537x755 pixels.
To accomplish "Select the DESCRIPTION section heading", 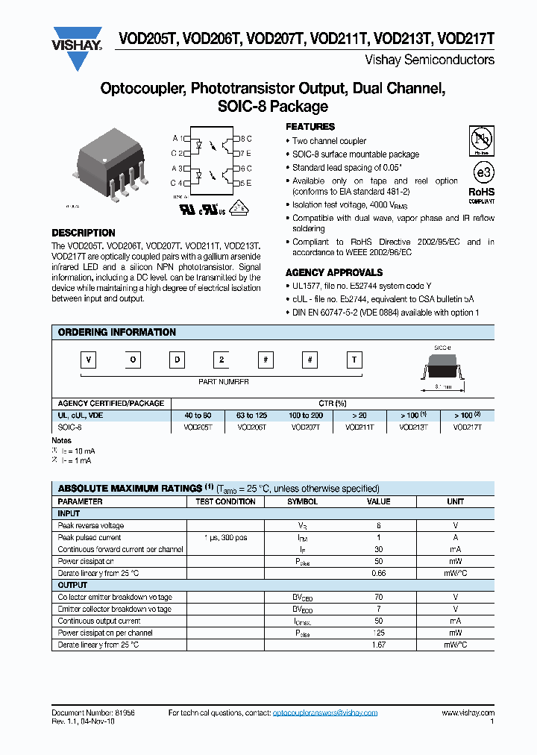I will pos(84,233).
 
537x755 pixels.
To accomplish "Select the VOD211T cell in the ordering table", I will pos(359,427).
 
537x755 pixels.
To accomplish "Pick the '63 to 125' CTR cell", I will pos(253,415).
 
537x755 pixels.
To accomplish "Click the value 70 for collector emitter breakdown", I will pos(378,597).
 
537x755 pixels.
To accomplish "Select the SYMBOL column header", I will pos(302,501).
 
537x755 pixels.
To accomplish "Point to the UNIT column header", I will pos(455,501).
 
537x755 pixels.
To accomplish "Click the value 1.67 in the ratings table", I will pos(378,645).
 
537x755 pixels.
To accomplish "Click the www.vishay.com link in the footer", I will pos(468,713).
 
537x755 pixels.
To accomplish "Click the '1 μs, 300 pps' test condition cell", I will pos(225,537).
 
